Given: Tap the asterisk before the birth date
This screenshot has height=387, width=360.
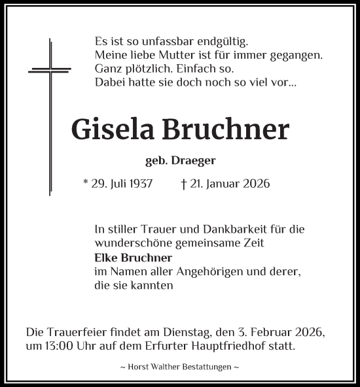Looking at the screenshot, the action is [x=86, y=182].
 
